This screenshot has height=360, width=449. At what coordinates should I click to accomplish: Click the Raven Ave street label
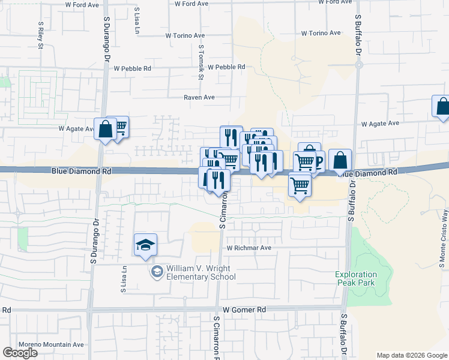[x=199, y=97]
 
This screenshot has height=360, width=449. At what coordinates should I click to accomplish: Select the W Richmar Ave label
[x=249, y=248]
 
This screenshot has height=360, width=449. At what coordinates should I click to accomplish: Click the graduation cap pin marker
[x=145, y=245]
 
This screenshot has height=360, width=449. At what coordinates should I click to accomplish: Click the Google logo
[x=20, y=353]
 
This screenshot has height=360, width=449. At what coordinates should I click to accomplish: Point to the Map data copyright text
[x=412, y=356]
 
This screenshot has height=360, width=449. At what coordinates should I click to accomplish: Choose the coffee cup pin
[x=316, y=161]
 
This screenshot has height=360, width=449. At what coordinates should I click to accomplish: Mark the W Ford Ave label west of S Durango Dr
[x=82, y=5]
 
